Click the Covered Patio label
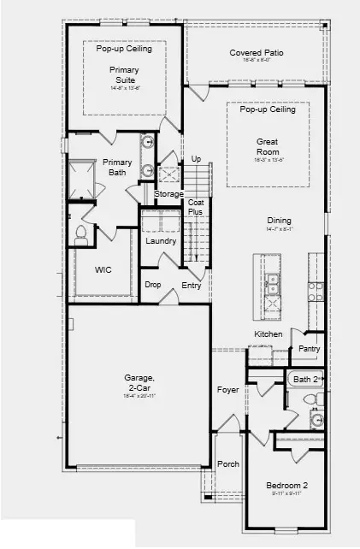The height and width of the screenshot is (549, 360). [x=256, y=53]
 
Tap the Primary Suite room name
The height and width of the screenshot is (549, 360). [x=124, y=76]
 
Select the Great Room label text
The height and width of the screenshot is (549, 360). [x=268, y=147]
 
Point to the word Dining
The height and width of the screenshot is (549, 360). [x=279, y=220]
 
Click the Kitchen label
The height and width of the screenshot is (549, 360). [x=268, y=334]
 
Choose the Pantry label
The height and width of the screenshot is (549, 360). [x=309, y=349]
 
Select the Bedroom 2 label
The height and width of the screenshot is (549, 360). [x=286, y=486]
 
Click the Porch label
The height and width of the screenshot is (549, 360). [x=227, y=464]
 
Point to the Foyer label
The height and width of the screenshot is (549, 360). [x=227, y=390]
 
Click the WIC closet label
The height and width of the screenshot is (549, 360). [x=103, y=269]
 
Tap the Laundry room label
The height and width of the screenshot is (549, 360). [x=161, y=241]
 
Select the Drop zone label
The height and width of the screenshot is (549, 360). [x=153, y=285]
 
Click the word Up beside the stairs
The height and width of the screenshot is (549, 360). [x=196, y=159]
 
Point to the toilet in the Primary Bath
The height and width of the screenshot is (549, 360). [x=83, y=232]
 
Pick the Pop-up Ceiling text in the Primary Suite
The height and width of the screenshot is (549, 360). [x=124, y=49]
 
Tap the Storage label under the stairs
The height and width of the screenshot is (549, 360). [x=168, y=194]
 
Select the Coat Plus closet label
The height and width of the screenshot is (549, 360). [x=196, y=207]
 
